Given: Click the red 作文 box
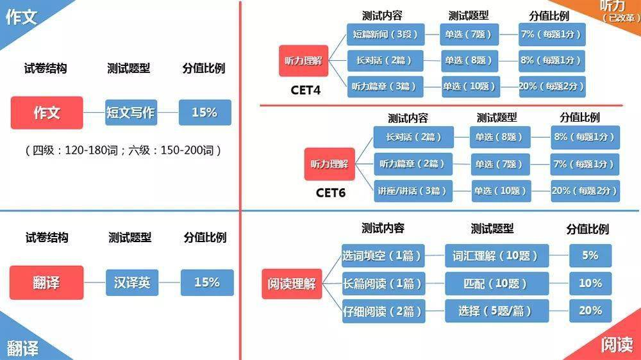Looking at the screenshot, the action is pos(47,113).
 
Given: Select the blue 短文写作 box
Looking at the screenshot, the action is pos(131,112).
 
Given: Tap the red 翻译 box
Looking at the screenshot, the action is pos(47,282).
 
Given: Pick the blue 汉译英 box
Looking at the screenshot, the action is pos(132,282).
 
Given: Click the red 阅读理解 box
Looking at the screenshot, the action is pos(292,284).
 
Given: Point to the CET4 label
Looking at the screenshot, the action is pos(305,90).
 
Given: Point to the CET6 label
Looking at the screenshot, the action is pos(331,192).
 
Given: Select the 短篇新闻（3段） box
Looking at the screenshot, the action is pos(385,35).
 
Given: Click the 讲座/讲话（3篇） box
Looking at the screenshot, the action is pos(413,191).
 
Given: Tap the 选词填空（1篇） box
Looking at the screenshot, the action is pos(383,256).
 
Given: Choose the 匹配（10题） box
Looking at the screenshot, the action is pos(497,283).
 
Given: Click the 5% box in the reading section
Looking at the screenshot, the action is pos(590,256).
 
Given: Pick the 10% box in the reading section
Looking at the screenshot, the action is pos(590,283).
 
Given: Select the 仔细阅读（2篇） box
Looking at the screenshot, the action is pos(383,311).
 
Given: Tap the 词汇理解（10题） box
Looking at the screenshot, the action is pos(497,256).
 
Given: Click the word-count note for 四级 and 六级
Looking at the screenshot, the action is pos(123,151).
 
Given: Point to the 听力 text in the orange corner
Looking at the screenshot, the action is pos(612,6).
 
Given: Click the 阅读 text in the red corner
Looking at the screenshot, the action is pos(617,345).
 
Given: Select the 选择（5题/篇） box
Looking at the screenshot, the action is pos(497,311).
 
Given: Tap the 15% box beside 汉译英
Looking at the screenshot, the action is pos(207,282).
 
